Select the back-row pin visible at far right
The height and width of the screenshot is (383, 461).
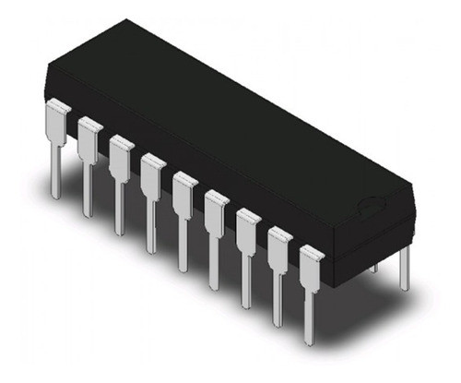click(x=404, y=268)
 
